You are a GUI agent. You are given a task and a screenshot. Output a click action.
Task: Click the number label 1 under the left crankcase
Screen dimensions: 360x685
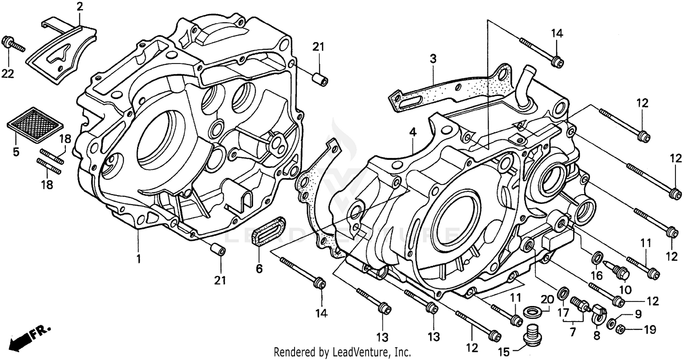(x=138, y=259)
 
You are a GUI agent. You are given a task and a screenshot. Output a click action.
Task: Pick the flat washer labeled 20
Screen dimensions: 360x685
(x=532, y=312)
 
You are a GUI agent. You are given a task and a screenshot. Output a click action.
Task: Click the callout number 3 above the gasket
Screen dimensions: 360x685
(x=432, y=58)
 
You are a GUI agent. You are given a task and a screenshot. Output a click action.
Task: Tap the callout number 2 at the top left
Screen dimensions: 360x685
(x=79, y=6)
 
